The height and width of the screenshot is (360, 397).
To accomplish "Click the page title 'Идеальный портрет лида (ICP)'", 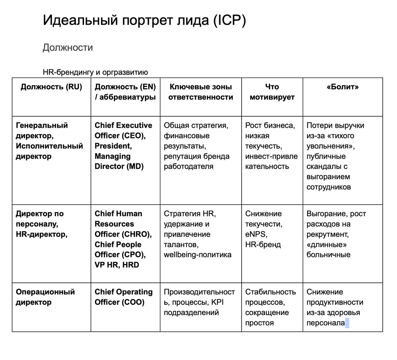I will click(144, 20).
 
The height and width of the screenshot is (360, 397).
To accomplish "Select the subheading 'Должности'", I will click(68, 47).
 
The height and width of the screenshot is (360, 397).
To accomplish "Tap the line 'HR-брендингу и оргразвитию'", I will click(95, 72).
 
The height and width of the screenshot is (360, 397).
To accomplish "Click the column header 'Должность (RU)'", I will click(51, 87).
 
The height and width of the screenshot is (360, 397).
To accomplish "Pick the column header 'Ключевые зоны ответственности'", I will click(201, 92).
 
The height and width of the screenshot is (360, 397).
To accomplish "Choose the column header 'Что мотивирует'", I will click(272, 92).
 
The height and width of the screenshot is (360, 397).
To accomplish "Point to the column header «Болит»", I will click(342, 87).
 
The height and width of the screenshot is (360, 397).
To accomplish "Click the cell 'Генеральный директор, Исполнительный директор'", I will click(49, 141).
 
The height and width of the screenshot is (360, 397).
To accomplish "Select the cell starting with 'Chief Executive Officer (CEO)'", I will click(123, 146).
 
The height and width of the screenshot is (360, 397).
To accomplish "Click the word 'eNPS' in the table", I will click(256, 234).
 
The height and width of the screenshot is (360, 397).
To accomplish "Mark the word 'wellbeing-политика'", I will click(198, 255).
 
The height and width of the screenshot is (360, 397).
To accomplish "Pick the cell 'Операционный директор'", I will click(45, 297).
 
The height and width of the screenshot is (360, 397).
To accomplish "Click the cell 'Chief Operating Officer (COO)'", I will click(123, 297).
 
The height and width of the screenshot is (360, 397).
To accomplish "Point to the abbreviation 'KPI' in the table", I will click(217, 302).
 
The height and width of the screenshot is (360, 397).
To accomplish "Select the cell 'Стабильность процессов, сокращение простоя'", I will click(270, 307).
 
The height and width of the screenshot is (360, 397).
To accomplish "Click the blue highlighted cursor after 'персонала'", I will click(347, 323).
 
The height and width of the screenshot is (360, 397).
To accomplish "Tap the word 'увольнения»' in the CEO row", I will click(330, 146).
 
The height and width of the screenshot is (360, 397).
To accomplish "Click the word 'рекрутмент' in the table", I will click(327, 234).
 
